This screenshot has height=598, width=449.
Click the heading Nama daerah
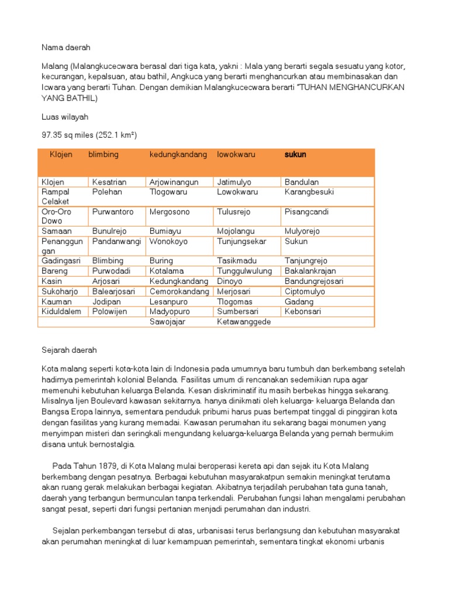click(x=66, y=46)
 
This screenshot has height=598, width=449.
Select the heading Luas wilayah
click(x=65, y=117)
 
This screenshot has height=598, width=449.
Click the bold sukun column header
click(x=295, y=155)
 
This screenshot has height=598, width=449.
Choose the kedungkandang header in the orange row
click(x=178, y=155)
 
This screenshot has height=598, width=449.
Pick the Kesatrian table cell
click(x=109, y=182)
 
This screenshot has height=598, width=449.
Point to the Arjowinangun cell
click(x=174, y=182)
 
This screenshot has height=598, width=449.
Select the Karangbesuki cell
click(x=309, y=192)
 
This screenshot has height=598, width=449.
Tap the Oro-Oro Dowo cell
click(x=57, y=216)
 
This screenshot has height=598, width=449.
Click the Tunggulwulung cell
click(x=244, y=271)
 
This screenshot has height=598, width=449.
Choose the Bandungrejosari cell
click(x=314, y=281)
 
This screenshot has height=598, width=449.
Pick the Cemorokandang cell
click(x=179, y=291)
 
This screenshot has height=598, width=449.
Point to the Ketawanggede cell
click(x=244, y=322)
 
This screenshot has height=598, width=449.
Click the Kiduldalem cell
click(x=61, y=312)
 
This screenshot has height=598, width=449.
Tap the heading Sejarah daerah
click(x=69, y=350)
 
